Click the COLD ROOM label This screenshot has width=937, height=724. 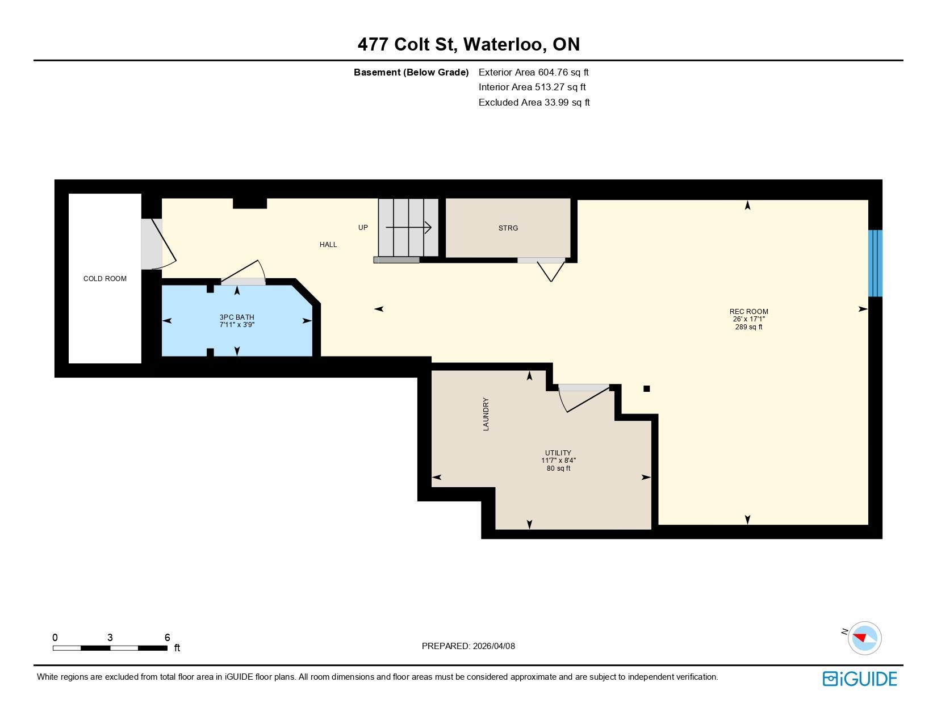(x=105, y=279)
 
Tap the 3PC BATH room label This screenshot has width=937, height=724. (x=237, y=317)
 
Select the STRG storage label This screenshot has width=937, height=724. (x=508, y=228)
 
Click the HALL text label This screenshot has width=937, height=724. (x=328, y=245)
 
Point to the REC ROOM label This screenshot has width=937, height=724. (x=748, y=311)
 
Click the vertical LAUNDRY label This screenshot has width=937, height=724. (x=486, y=414)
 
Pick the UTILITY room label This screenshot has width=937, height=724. (x=558, y=453)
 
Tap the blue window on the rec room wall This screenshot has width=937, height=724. (x=875, y=263)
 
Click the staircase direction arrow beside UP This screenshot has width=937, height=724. (x=408, y=227)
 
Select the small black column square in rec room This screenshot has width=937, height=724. (x=646, y=388)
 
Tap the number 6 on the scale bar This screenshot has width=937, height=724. (x=168, y=637)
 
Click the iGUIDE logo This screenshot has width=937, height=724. (x=859, y=679)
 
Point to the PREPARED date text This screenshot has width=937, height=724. (x=468, y=646)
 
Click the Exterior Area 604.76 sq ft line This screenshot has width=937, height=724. (x=533, y=72)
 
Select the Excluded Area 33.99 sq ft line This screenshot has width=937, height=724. (x=534, y=102)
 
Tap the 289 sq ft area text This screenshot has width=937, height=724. (x=748, y=327)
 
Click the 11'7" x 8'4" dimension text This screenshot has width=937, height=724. (x=558, y=461)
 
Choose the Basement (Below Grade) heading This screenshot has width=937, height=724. (x=411, y=73)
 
